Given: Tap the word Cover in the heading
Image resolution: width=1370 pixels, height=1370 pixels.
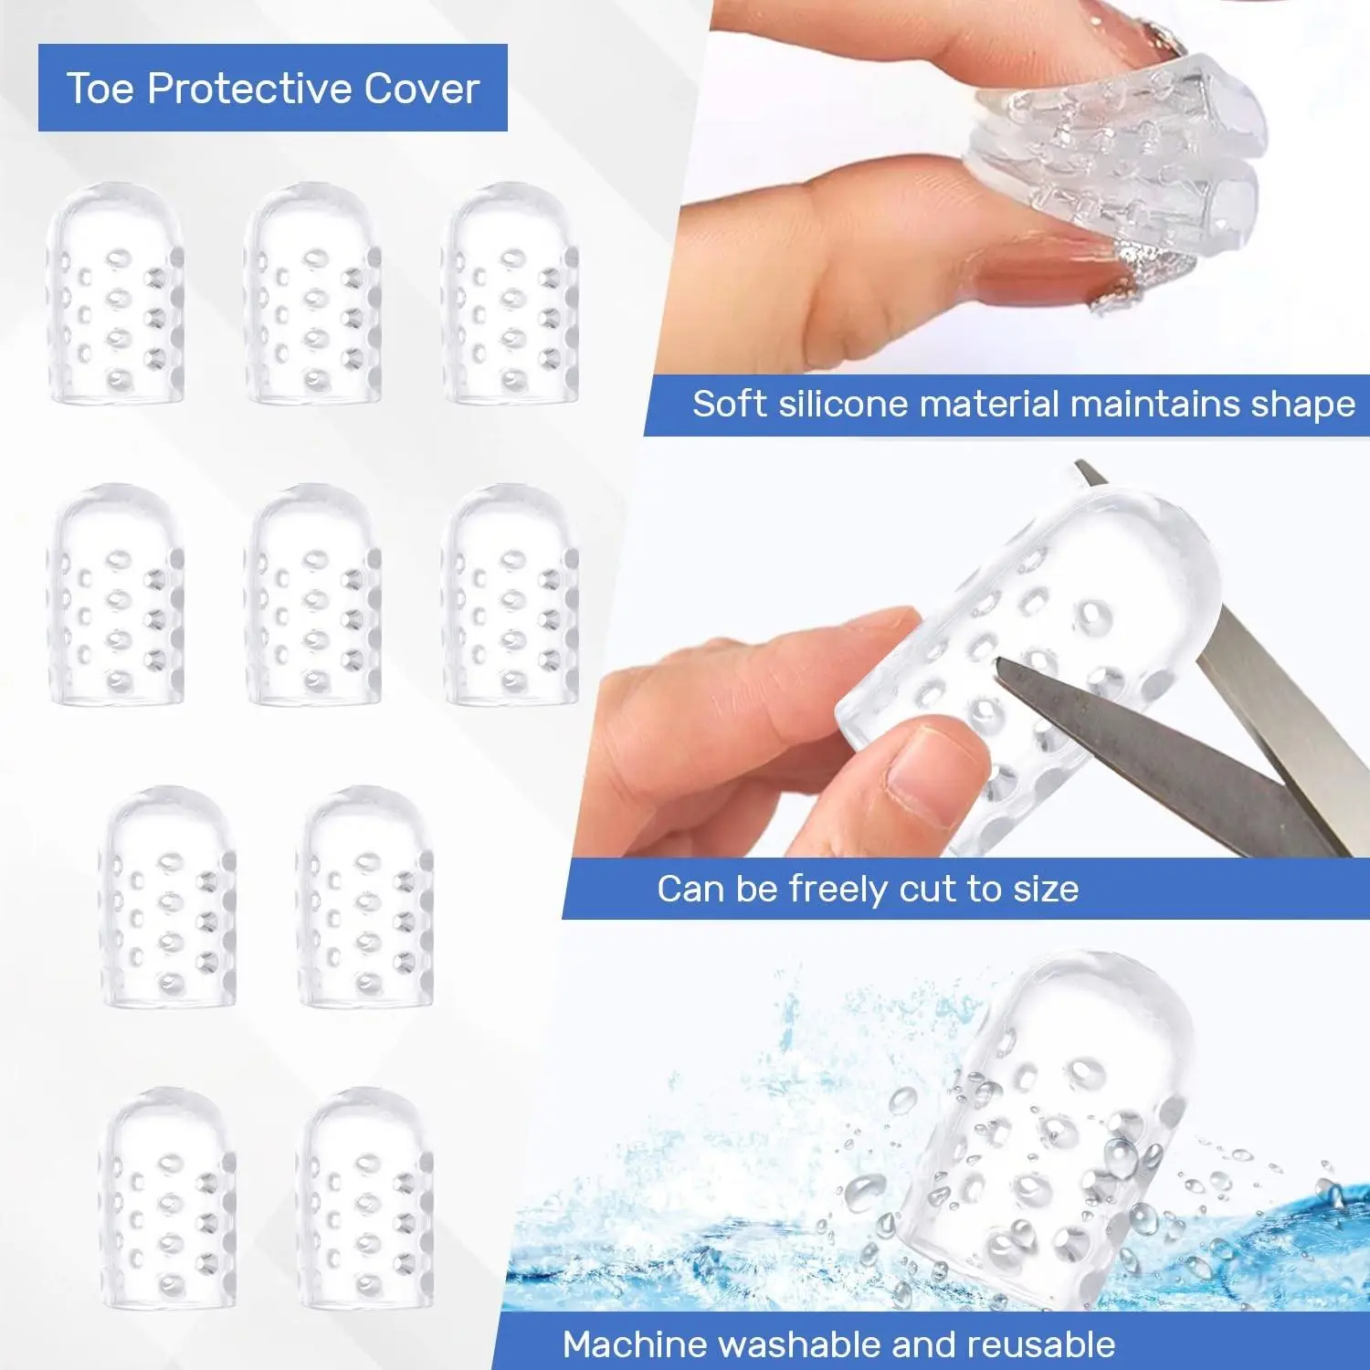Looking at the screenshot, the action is [x=422, y=89].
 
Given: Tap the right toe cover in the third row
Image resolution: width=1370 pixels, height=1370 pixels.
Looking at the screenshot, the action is [x=365, y=897].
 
